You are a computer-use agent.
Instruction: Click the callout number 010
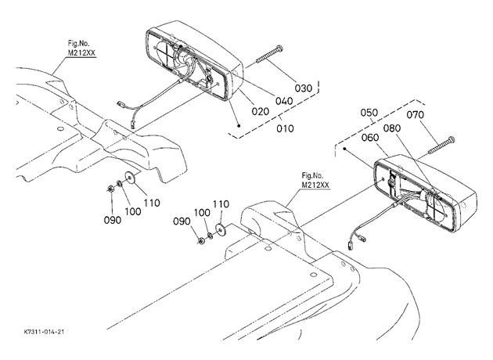click(285, 128)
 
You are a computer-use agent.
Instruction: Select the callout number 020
click(261, 111)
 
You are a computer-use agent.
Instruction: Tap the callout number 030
click(304, 88)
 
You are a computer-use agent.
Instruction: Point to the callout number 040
click(284, 101)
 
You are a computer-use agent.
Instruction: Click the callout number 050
click(369, 113)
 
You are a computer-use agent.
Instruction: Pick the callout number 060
click(370, 138)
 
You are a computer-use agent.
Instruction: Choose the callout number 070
click(416, 115)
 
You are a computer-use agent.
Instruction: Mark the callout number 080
click(392, 128)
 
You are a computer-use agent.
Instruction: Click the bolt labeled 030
click(269, 55)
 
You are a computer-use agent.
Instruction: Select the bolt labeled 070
click(441, 146)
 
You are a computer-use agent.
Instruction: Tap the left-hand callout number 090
click(113, 220)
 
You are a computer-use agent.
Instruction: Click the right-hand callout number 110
click(221, 204)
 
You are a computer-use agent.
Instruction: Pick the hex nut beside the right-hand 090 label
click(201, 240)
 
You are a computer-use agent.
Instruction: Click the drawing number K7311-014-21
click(44, 332)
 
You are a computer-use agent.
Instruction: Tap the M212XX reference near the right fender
click(315, 185)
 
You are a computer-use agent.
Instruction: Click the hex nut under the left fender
click(110, 189)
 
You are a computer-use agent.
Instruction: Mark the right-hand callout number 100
click(202, 213)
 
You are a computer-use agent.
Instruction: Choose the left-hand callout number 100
click(133, 211)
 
